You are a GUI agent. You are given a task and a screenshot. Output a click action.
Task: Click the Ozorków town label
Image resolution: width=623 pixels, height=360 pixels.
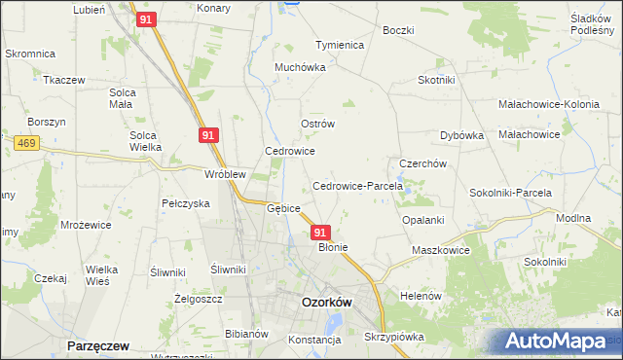tap(326, 302)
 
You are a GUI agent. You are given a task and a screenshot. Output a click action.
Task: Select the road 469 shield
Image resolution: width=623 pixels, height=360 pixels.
tap(27, 143)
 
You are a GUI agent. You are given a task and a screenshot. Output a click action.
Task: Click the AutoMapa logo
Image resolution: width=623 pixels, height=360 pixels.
tap(555, 341)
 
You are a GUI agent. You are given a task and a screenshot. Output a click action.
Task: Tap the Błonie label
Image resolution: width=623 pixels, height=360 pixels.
tap(333, 247)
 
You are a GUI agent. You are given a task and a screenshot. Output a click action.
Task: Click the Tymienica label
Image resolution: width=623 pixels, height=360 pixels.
tap(339, 45)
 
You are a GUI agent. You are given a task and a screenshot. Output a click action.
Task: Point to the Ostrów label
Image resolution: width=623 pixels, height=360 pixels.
tap(317, 124)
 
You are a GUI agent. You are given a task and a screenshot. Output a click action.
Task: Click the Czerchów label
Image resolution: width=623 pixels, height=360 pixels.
tap(422, 163)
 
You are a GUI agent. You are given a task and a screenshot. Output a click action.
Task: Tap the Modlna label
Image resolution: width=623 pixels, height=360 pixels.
tap(572, 219)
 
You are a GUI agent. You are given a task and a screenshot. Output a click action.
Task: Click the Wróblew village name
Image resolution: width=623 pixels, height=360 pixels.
tap(224, 175)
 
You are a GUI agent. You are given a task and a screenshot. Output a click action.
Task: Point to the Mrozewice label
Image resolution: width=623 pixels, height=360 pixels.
tap(86, 224)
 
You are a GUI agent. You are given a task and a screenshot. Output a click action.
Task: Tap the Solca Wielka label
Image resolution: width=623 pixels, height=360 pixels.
tap(145, 141)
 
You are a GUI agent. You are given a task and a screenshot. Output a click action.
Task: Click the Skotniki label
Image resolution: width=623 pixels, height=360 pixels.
tap(438, 80)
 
